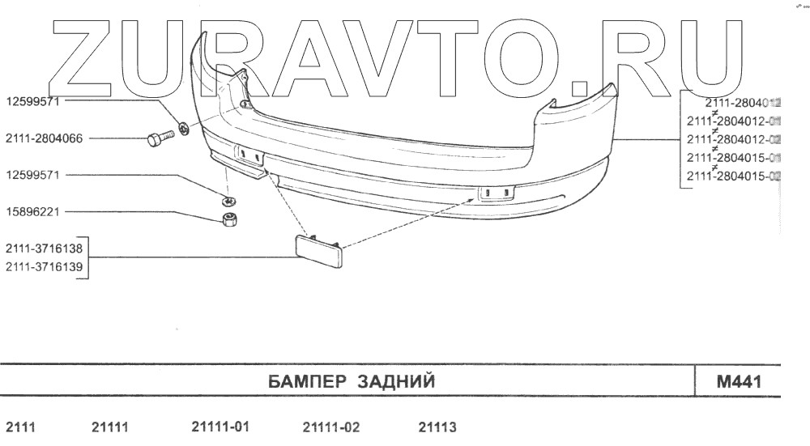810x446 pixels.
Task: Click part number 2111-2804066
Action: (44, 138)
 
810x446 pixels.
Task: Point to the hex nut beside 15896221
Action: (229, 219)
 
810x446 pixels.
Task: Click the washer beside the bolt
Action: (183, 128)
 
